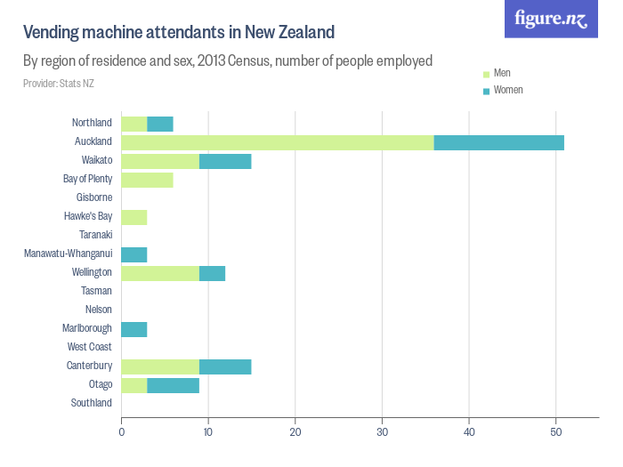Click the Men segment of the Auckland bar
point(278,142)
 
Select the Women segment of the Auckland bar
point(499,142)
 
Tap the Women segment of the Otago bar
point(173,385)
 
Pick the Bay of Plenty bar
point(147,180)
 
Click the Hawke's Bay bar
point(133,217)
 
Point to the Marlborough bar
point(133,329)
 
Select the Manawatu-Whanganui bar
point(133,254)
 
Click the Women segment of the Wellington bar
point(212,273)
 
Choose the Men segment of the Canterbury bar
point(160,366)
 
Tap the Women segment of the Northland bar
point(160,124)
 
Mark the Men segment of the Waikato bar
point(160,161)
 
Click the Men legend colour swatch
point(486,74)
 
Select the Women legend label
point(508,91)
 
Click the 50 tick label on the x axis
point(555,432)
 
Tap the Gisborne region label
point(94,197)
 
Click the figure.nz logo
point(551,19)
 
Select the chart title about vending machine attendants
point(179,33)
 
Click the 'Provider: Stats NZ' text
point(59,84)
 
